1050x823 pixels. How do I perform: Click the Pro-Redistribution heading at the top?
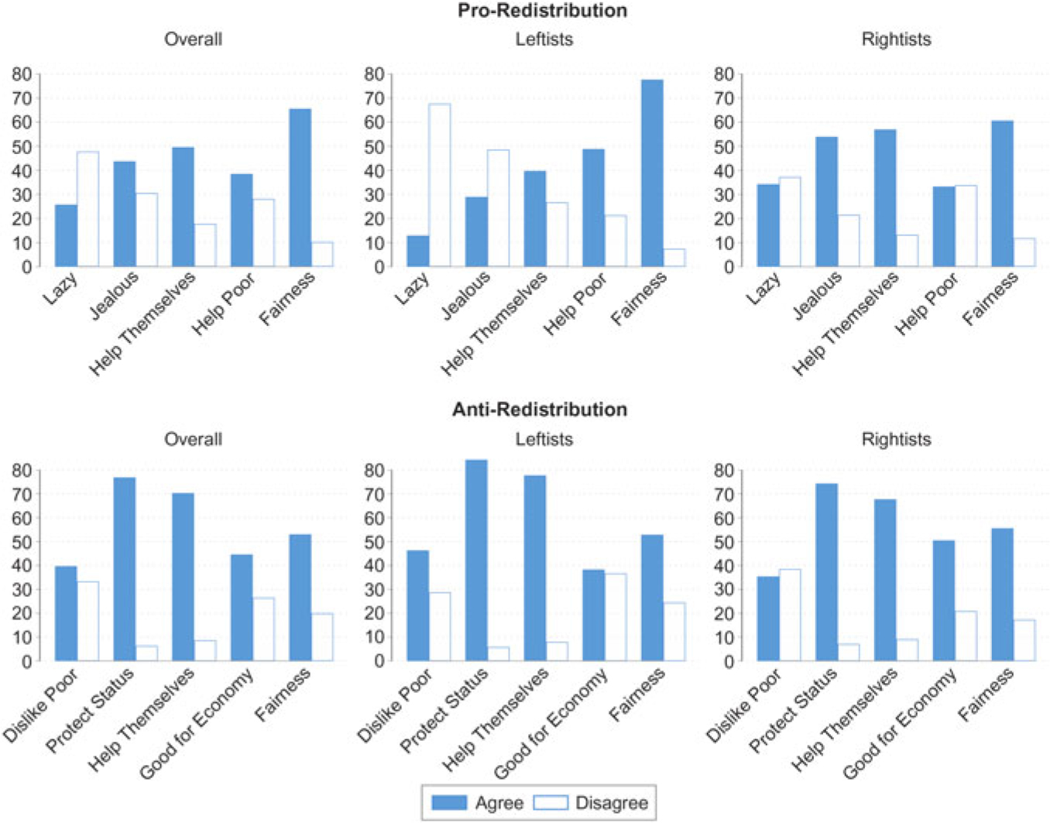542,11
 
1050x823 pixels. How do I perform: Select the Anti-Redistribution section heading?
540,410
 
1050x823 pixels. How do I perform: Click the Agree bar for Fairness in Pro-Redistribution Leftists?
652,173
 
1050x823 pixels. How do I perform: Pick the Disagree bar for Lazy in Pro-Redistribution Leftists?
440,186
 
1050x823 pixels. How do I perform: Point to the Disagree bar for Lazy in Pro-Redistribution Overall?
88,209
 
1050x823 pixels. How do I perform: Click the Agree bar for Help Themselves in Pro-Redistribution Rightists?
885,198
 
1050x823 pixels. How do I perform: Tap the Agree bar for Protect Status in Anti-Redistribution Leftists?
476,561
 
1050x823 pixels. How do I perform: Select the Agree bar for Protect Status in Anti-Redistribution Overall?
125,569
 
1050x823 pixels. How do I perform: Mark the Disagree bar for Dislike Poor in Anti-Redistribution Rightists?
791,616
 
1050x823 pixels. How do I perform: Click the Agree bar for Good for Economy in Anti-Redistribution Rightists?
944,601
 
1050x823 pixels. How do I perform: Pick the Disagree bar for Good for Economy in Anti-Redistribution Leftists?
616,617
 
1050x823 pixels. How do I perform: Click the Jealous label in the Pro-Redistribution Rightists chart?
817,295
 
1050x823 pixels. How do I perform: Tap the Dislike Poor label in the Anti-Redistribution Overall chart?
41,705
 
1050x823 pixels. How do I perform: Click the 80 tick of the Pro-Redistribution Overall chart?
22,74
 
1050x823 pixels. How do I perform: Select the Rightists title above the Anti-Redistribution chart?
896,440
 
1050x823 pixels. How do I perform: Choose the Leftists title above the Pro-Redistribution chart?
544,39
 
